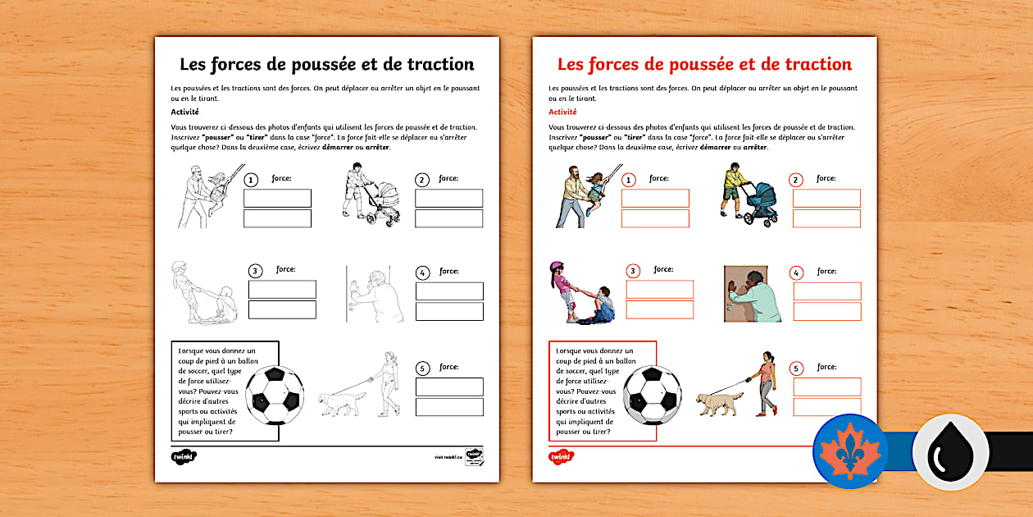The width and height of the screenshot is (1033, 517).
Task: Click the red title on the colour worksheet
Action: pos(704,64)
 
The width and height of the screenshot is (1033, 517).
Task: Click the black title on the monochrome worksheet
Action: pos(326,64)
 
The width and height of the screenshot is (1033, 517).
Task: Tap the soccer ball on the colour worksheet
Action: pos(653,395)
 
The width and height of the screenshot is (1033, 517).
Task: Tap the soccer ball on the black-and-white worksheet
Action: pos(275,395)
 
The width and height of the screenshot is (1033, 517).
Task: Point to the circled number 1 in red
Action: pos(629,181)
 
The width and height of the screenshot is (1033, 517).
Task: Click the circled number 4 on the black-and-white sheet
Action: pos(423,273)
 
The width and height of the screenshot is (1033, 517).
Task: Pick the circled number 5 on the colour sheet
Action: pos(796,369)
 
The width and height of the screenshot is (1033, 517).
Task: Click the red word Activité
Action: pos(562,112)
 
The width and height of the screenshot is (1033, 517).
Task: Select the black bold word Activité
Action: pos(184,112)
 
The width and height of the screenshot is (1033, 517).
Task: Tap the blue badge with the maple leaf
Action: pos(850,451)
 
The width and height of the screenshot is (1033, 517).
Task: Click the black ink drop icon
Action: pos(950,451)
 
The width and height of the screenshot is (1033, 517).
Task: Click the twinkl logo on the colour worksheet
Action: pos(561,456)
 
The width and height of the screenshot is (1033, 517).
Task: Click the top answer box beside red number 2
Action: pos(826,198)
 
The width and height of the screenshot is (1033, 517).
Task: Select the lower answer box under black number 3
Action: pos(282,309)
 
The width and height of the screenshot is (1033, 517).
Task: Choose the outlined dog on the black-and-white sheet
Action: pos(343,403)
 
